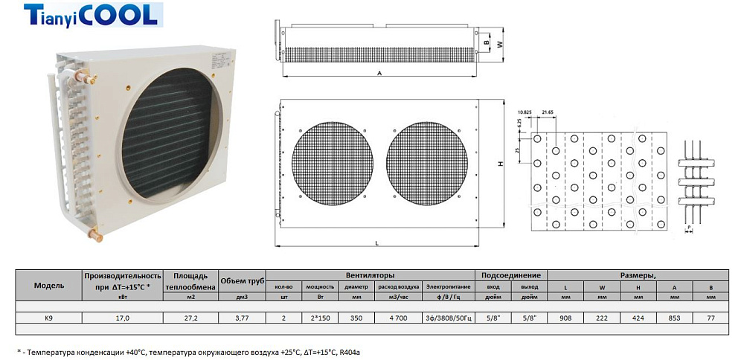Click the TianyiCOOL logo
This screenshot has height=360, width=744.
pos(90,15)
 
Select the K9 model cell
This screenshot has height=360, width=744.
pos(49,318)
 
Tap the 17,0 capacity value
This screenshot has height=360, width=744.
pos(123,318)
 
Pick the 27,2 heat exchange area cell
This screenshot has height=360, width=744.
pos(190,318)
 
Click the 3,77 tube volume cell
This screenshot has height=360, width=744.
pos(242,318)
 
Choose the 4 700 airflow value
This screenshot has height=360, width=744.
pos(397,318)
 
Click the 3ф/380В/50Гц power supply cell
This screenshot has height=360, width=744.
pos(449,318)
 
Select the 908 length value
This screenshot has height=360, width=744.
pos(565,318)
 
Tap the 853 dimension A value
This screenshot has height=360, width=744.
pos(675,318)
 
